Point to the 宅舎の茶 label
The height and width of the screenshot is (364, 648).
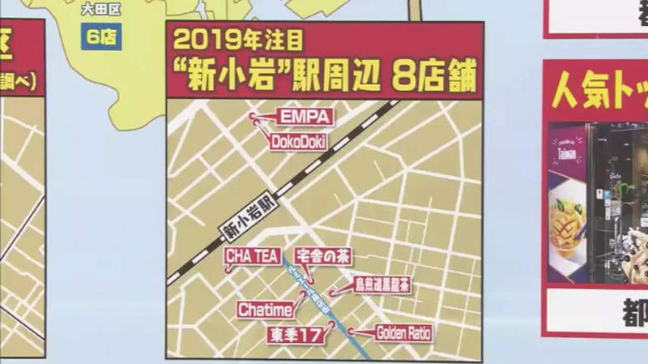pos(322,255)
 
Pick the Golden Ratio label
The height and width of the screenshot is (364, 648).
pos(402,332)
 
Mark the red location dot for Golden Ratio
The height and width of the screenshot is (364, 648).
pos(354,330)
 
